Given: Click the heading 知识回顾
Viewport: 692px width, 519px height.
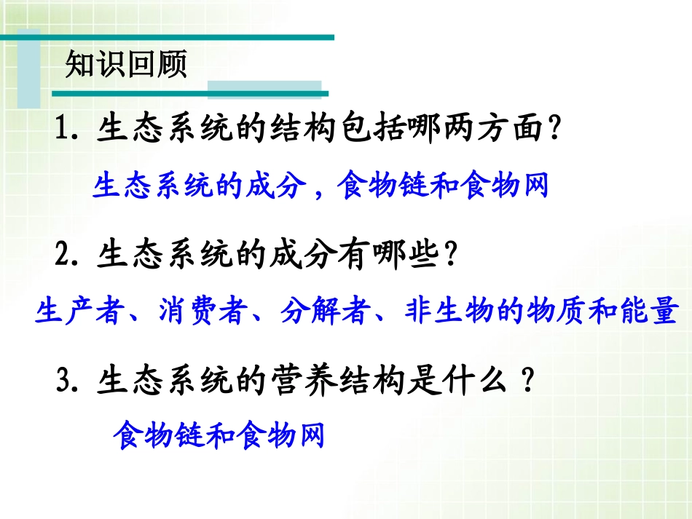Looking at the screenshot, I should (126, 65).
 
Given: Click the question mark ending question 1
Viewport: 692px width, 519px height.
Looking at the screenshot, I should (556, 131).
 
